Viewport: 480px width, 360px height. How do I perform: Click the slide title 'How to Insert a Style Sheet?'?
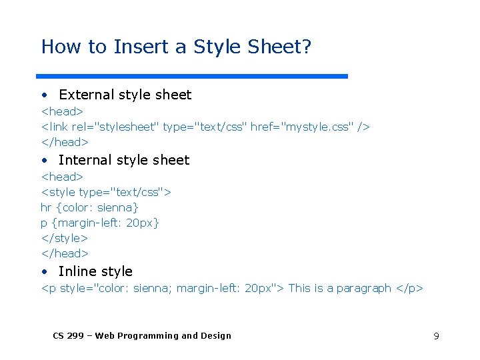click(176, 47)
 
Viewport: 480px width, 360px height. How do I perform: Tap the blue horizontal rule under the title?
click(192, 77)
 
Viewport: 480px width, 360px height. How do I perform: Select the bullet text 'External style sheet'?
click(125, 95)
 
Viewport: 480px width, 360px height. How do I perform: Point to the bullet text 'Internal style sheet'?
click(124, 160)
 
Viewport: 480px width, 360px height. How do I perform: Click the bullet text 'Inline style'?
click(95, 271)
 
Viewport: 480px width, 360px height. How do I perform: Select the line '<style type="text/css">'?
click(106, 192)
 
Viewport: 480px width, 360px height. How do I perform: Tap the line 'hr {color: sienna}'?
click(89, 207)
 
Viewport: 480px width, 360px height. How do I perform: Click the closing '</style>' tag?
click(64, 238)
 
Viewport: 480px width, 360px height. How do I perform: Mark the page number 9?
click(436, 336)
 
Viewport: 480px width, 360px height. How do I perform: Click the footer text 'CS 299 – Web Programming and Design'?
click(142, 336)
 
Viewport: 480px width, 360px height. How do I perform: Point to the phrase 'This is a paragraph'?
click(339, 288)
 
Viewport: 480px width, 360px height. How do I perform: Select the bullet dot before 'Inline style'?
click(43, 272)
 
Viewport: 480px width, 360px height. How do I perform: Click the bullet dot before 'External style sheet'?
click(43, 95)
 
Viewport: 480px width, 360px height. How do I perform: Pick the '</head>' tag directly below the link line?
click(65, 141)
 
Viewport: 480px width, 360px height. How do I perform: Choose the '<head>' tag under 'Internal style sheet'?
click(62, 177)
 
